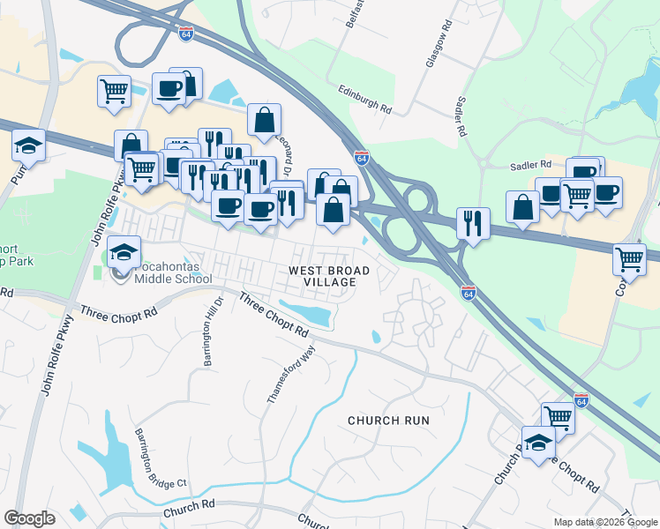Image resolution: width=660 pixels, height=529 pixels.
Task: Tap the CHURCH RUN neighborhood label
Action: pos(388,421)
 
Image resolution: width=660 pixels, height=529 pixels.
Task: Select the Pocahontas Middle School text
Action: pos(173,272)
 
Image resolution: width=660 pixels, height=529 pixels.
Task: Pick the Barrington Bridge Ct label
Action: pos(161,458)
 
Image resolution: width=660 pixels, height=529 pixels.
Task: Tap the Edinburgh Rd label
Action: pos(364,99)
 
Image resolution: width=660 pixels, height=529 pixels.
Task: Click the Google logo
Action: pos(29,518)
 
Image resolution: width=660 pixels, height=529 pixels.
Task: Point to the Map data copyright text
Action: pos(605,522)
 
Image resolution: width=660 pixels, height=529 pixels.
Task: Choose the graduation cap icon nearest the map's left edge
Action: pos(28,144)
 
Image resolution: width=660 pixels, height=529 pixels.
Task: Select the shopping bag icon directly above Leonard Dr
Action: pos(264,119)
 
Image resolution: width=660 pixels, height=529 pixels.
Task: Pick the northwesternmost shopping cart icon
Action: pos(115,90)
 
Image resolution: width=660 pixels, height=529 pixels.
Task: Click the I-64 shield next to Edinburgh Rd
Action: pos(362,157)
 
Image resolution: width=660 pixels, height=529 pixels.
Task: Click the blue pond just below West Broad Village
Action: pos(305,312)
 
